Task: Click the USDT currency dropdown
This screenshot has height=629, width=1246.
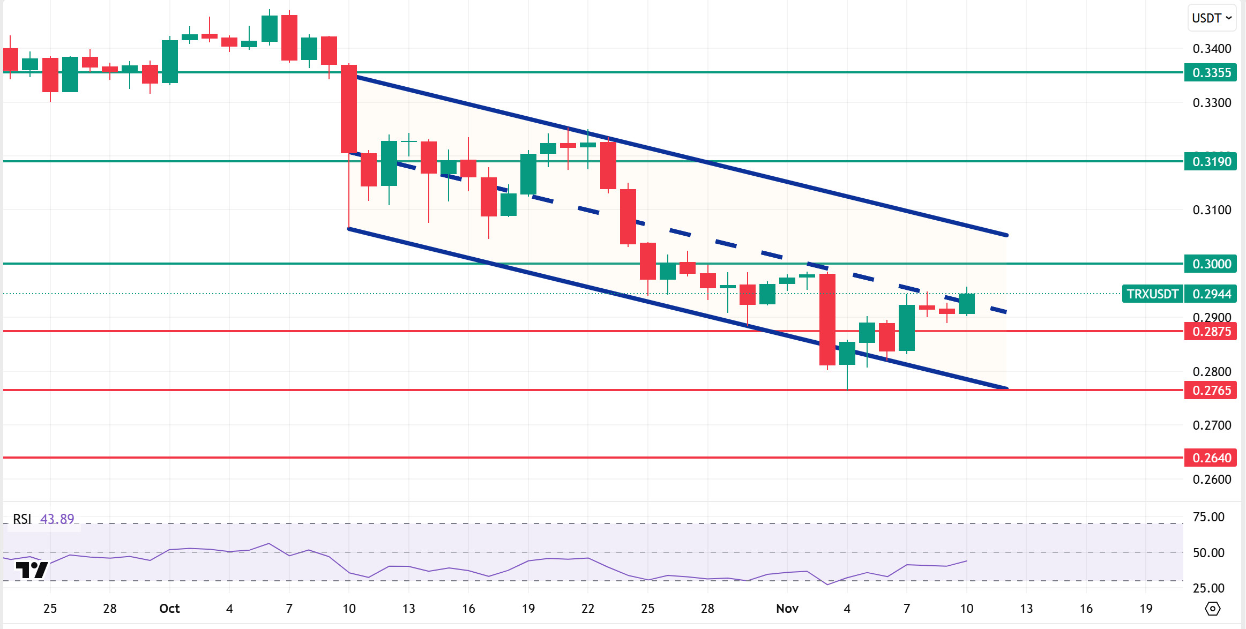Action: point(1211,18)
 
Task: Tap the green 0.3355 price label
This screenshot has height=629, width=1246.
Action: point(1211,73)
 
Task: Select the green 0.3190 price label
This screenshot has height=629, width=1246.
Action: point(1211,161)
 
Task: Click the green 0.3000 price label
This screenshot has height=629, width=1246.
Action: point(1211,264)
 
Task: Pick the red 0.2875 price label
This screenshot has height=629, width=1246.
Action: point(1211,331)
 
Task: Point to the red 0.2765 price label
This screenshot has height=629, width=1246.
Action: point(1211,390)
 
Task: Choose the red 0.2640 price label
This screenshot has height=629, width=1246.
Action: point(1211,458)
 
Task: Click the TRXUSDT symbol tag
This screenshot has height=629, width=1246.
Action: point(1152,294)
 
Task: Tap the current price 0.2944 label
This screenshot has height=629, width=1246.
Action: point(1211,294)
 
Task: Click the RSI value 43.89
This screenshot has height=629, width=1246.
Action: point(57,519)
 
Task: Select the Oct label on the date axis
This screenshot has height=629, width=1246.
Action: point(169,609)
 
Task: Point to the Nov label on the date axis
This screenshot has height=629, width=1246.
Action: point(787,609)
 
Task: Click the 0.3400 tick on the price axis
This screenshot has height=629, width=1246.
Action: point(1211,49)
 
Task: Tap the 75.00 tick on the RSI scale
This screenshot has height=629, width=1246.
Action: point(1208,517)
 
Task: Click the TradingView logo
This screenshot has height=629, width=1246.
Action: point(32,570)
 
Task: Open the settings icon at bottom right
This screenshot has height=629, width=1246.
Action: point(1212,609)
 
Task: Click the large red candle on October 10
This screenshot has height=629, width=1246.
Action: point(349,109)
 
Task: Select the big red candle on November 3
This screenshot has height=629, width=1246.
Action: point(827,319)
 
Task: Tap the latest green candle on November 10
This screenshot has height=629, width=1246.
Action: point(967,304)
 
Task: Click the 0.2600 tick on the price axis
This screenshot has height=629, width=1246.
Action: point(1211,479)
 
